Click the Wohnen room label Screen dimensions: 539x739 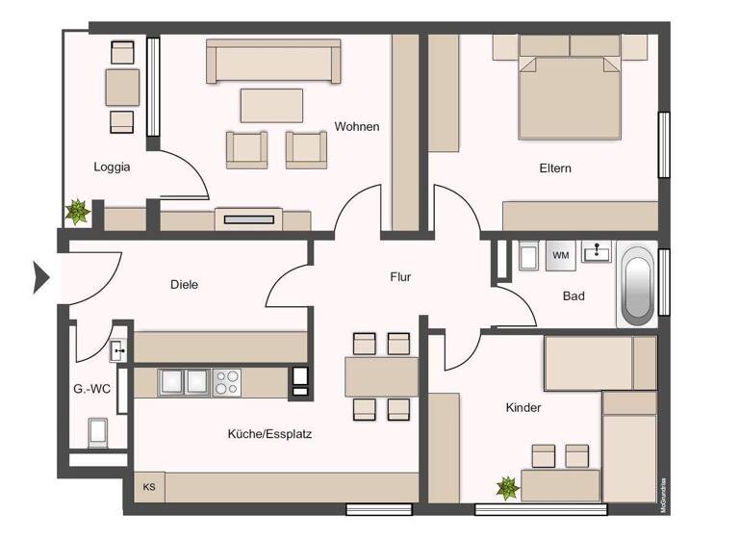pos(357,126)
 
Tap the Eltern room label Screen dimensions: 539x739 pos(555,168)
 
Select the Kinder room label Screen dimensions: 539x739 pos(523,407)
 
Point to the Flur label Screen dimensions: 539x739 pos(400,277)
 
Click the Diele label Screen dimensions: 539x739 pos(184,285)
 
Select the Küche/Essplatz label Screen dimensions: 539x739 pos(269,434)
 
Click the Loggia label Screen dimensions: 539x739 pos(112,167)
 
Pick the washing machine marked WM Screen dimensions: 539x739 pos(561,255)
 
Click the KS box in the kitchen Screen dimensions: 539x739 pos(149,487)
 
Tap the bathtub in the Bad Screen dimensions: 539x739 pos(636,286)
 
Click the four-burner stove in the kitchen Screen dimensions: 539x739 pos(227,382)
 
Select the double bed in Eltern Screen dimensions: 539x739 pos(567,96)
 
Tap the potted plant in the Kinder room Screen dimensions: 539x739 pos(507,487)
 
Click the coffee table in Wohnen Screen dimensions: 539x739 pos(271,105)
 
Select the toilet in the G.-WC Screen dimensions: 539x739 pos(98,432)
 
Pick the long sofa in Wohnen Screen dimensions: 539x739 pos(273,63)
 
